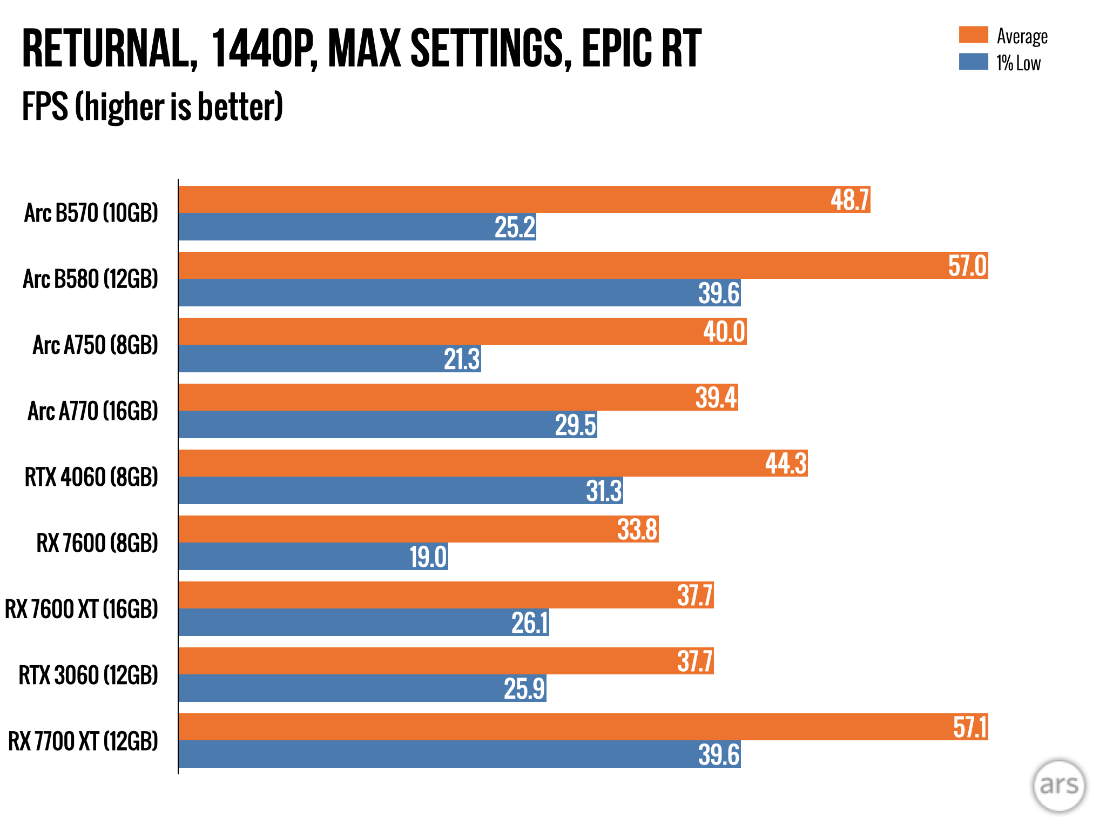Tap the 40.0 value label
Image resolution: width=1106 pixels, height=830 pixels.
tap(724, 332)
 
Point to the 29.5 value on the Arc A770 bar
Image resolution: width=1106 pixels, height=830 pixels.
tap(576, 425)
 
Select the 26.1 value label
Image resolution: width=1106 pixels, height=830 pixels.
tap(530, 622)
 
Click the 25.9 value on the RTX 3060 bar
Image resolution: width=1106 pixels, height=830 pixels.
tap(524, 688)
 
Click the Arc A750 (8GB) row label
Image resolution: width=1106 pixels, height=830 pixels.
tap(96, 345)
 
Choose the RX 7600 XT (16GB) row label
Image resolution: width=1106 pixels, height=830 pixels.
tap(82, 609)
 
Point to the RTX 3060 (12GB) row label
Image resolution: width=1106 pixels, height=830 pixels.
tap(89, 675)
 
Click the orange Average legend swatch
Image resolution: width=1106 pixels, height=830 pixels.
tap(973, 35)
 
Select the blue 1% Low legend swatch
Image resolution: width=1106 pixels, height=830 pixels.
tap(973, 62)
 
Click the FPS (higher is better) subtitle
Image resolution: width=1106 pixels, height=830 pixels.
tap(152, 106)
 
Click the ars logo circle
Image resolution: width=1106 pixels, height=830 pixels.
tap(1058, 786)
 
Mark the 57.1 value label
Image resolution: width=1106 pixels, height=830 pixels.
tap(970, 727)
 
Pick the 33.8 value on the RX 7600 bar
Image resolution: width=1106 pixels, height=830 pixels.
tap(637, 530)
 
